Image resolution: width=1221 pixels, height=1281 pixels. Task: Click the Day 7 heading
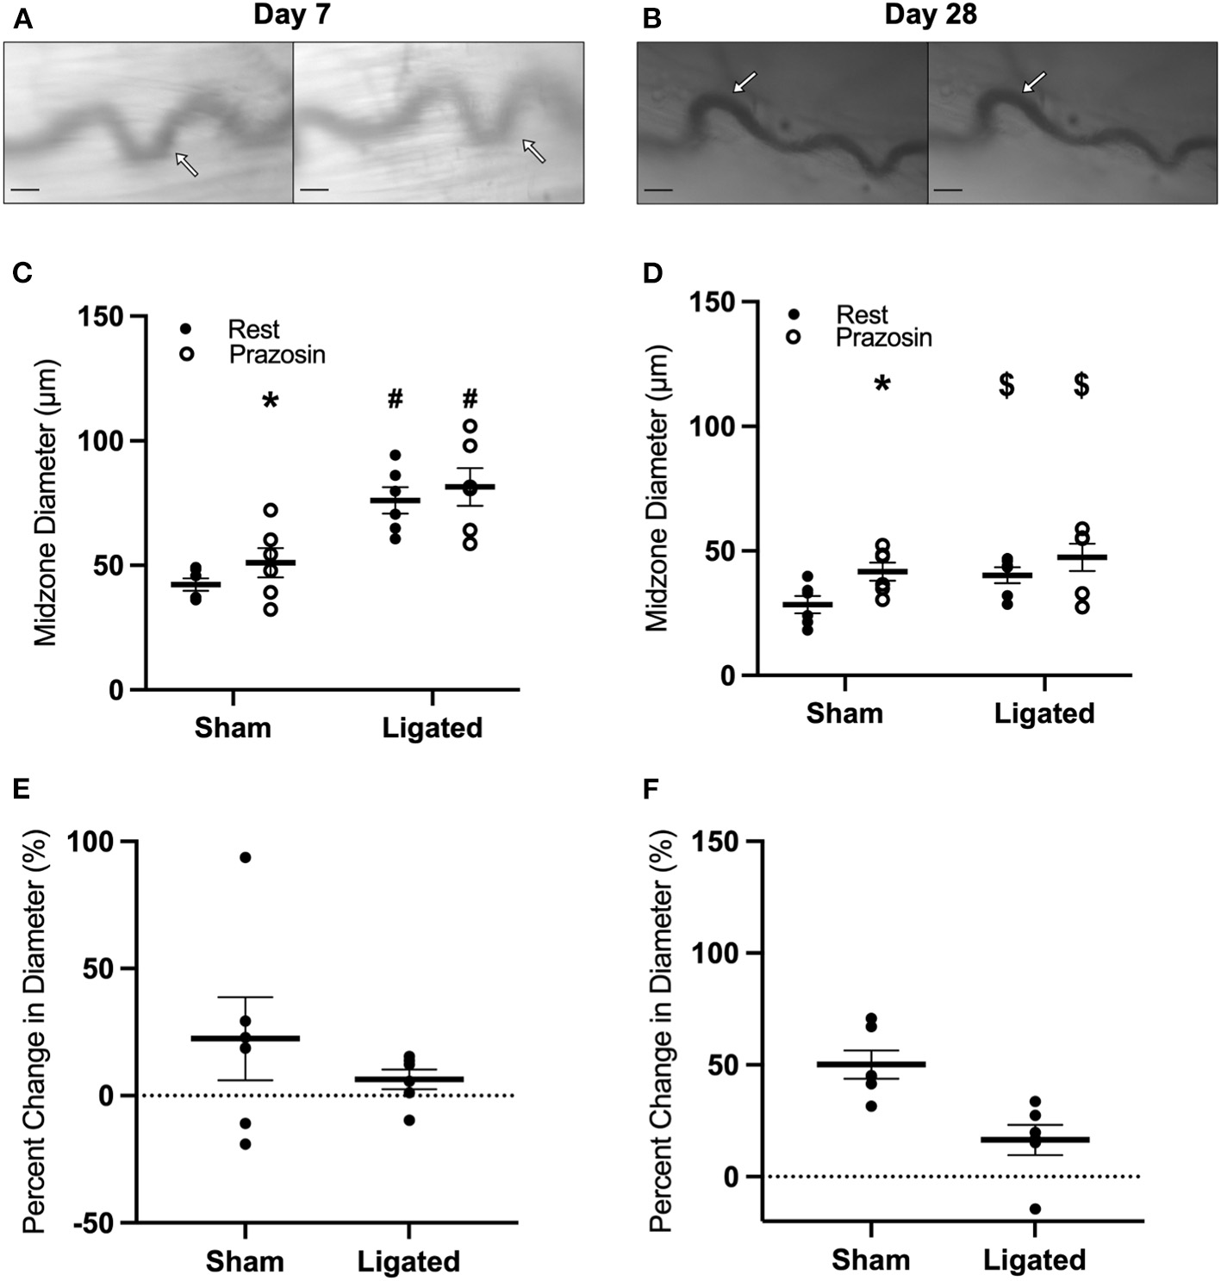(291, 16)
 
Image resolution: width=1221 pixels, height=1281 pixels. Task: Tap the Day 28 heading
(930, 16)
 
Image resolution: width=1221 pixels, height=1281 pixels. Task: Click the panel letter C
(22, 273)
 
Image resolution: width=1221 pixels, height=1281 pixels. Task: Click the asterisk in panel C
(271, 401)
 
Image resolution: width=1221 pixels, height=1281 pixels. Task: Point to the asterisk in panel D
(881, 385)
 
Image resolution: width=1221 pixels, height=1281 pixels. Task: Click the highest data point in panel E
(246, 857)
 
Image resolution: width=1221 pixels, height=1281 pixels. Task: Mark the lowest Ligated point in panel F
(1035, 1209)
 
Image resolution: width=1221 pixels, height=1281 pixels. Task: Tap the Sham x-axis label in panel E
(245, 1261)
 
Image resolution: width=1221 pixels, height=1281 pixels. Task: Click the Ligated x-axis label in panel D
(1043, 713)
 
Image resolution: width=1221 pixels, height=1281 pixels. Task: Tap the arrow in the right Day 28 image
(1035, 82)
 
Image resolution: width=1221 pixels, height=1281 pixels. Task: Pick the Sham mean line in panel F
(870, 1065)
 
